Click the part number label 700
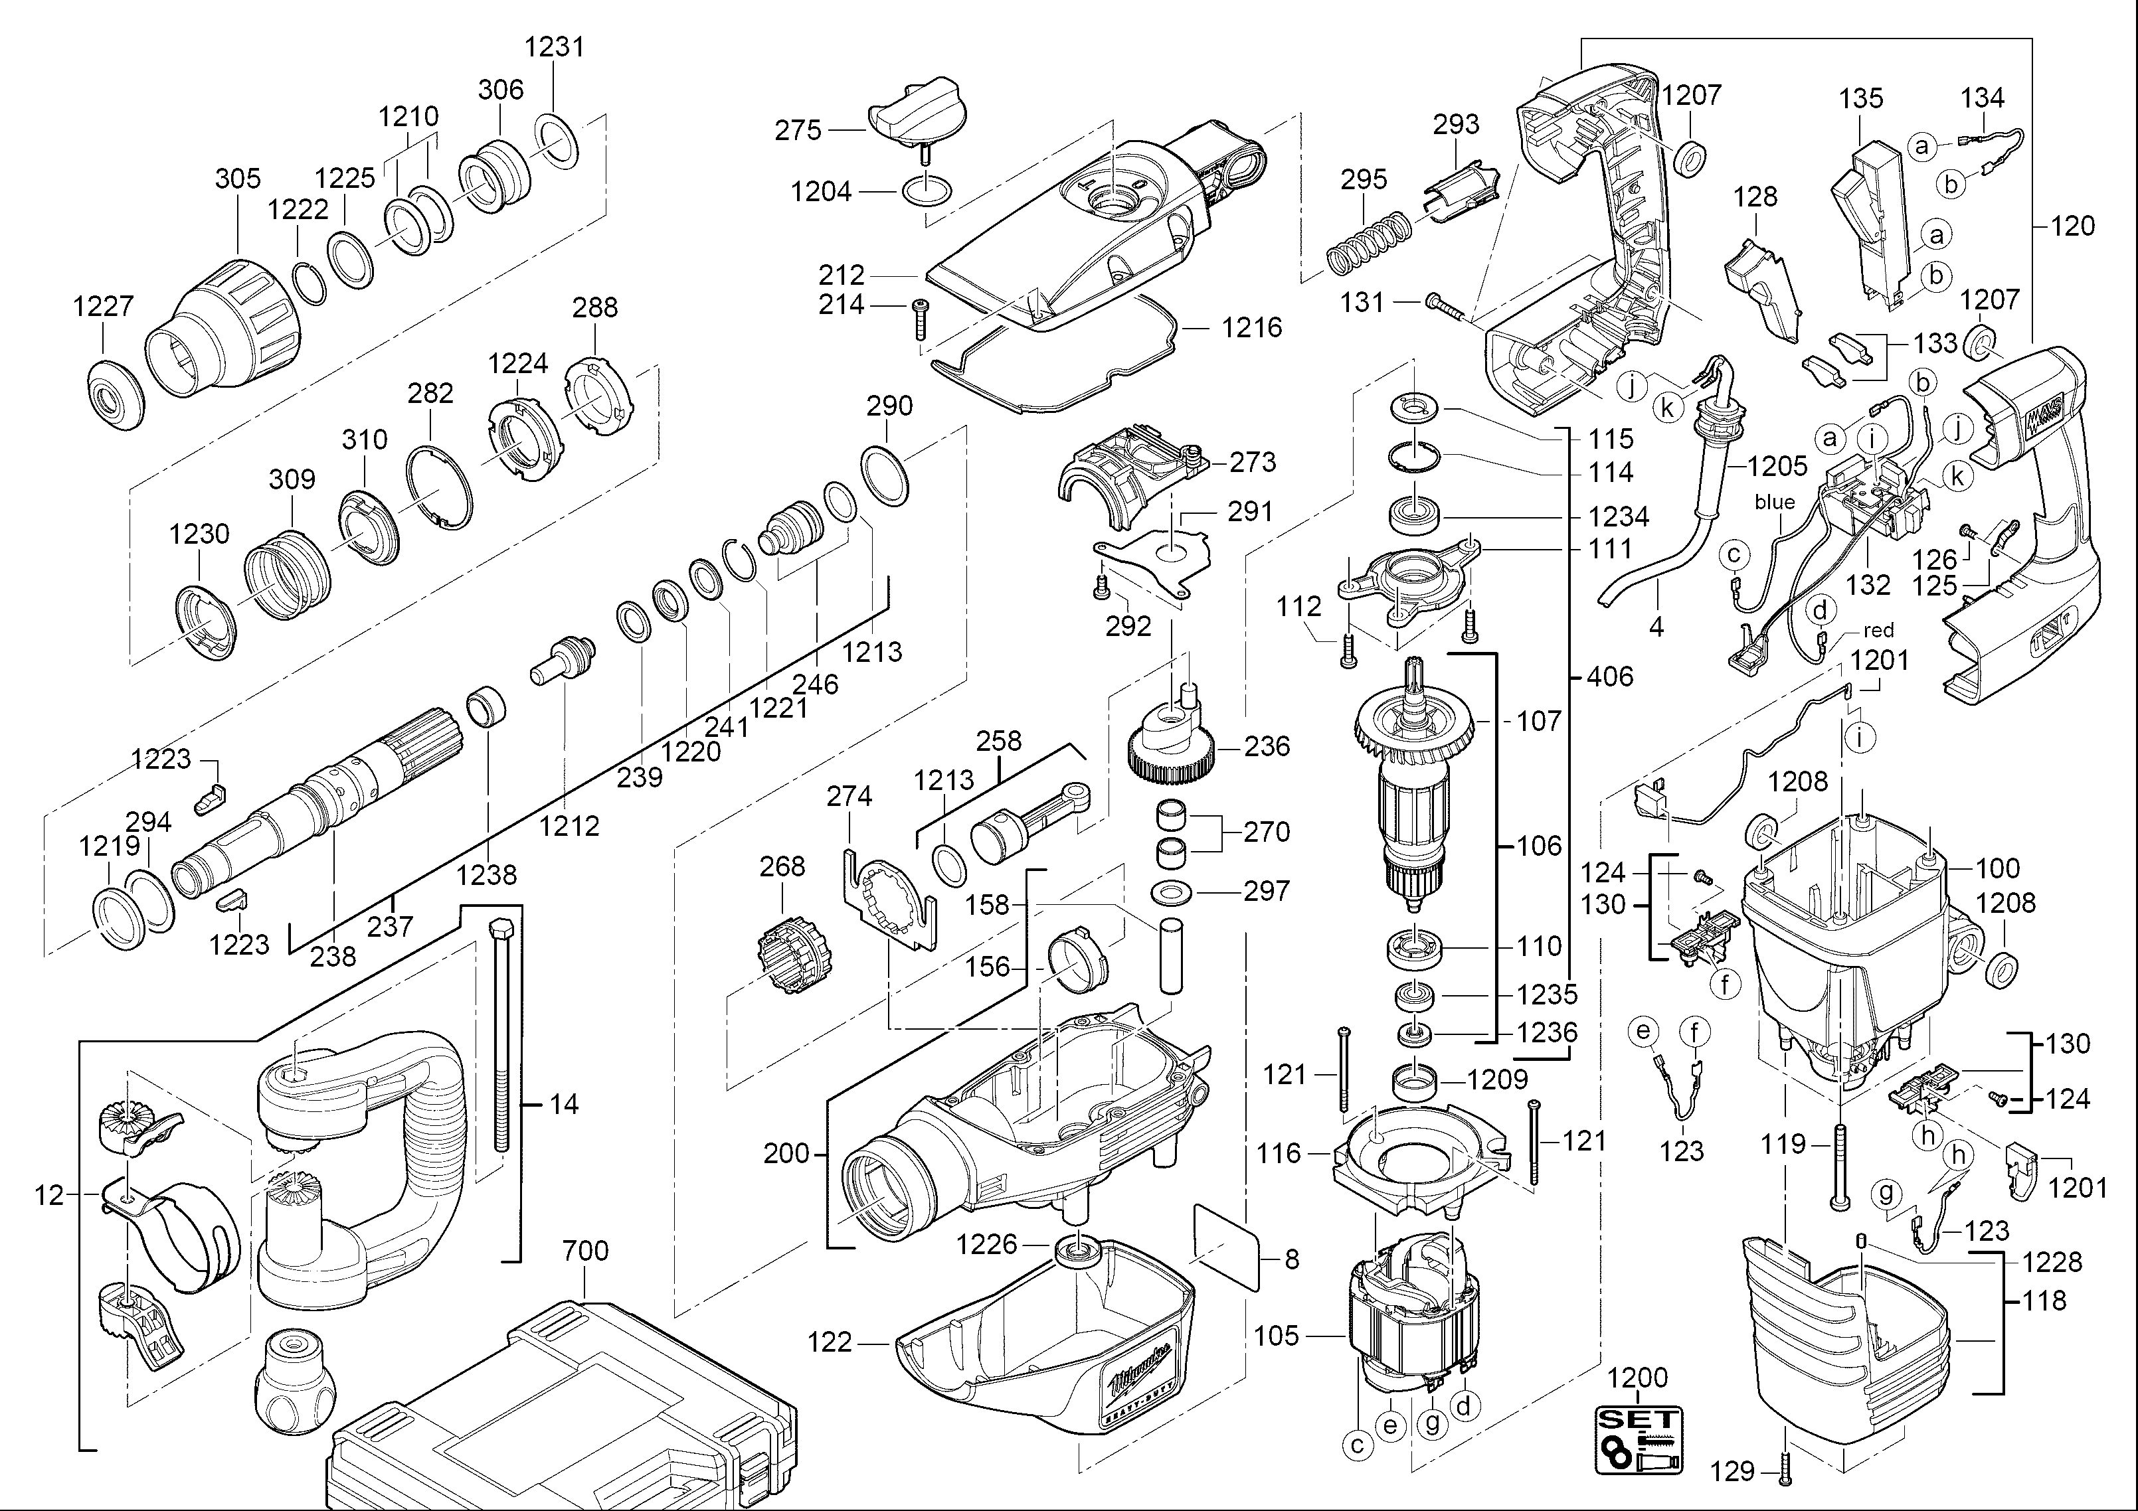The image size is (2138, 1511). coord(586,1250)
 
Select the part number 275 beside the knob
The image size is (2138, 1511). coord(798,130)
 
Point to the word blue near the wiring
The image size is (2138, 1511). coord(1774,503)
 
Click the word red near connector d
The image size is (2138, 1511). coord(1879,630)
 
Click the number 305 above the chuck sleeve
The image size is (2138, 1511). coord(238,179)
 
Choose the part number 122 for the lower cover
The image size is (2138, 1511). coord(830,1342)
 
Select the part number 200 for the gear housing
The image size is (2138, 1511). coord(786,1154)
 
